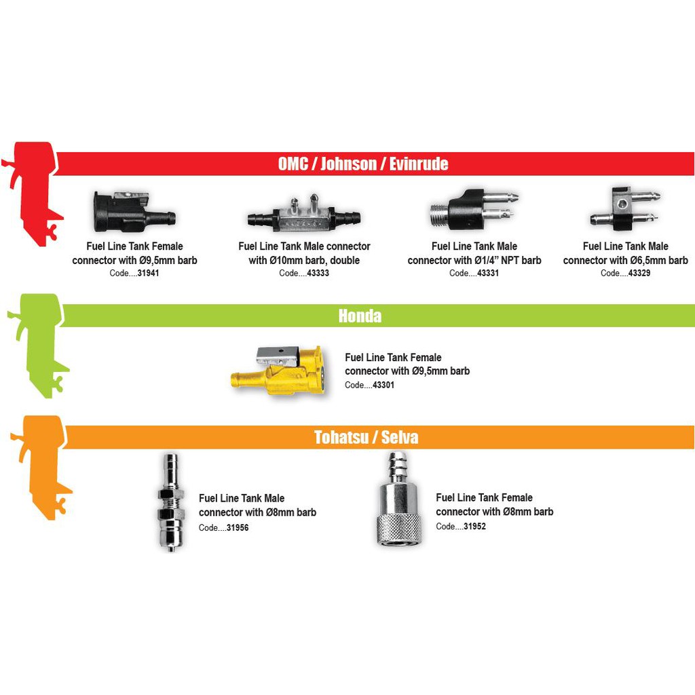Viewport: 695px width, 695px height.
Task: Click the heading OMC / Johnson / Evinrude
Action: tap(363, 164)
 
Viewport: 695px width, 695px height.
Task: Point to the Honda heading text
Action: tap(360, 316)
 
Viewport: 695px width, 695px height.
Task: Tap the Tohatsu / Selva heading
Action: tap(366, 437)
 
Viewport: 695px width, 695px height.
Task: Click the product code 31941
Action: tap(148, 273)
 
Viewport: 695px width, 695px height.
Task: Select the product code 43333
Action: tap(318, 273)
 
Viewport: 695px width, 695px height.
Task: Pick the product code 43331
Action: tap(488, 273)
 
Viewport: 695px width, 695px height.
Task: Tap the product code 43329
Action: tap(639, 273)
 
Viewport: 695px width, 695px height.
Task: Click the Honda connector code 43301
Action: tap(383, 385)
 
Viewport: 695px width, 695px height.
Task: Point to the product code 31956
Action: tap(238, 527)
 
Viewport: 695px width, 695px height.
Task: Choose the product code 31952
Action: tap(474, 526)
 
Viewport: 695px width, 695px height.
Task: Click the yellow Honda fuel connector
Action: tap(279, 371)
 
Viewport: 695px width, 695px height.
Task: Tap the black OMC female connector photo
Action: tap(134, 212)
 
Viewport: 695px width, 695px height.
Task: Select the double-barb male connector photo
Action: tap(304, 214)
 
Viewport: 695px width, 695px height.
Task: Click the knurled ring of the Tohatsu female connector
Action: tap(399, 529)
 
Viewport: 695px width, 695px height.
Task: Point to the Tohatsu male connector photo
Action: tap(170, 502)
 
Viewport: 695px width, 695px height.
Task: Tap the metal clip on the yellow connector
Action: tap(277, 356)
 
